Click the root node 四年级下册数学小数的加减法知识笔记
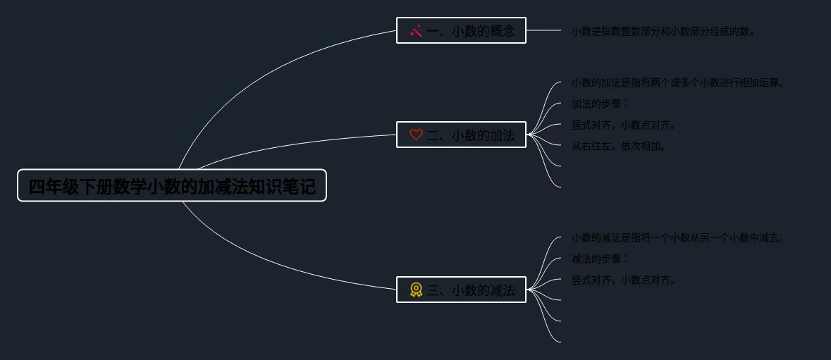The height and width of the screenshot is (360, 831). [171, 186]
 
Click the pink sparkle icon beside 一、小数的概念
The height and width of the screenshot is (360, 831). [417, 31]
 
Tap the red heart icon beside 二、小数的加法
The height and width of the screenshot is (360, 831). [416, 135]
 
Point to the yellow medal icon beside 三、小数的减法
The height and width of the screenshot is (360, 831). [416, 290]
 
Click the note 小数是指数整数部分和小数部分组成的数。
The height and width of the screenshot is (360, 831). [663, 32]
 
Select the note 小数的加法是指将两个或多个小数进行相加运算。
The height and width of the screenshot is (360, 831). [677, 83]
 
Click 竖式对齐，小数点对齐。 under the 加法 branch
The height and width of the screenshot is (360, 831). [624, 125]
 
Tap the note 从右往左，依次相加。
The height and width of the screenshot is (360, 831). [619, 147]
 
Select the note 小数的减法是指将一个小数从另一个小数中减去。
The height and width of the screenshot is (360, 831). [677, 238]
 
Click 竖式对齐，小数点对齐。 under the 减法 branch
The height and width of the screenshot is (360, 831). [624, 280]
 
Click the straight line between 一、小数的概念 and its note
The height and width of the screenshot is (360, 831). [543, 30]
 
